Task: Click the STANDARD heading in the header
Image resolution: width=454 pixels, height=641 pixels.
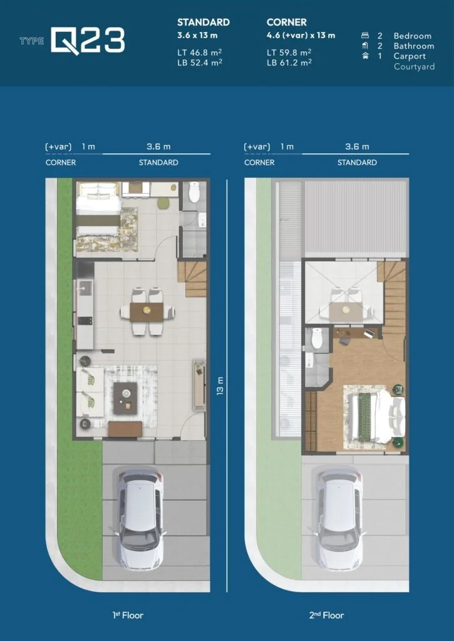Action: coord(203,22)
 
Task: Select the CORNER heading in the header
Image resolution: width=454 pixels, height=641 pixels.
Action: coord(286,22)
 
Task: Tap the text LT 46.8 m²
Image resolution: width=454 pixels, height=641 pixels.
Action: coord(200,52)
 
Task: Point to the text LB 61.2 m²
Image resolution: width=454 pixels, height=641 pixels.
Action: coord(290,62)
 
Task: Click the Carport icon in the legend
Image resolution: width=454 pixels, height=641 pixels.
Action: coord(365,56)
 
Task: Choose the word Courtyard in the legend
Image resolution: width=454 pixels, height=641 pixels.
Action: coord(414,66)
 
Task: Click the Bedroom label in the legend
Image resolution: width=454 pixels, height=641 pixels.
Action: coord(412,36)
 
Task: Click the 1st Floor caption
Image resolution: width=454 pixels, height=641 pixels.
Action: coord(123,615)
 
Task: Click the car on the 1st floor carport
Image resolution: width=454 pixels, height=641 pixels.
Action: coord(140,519)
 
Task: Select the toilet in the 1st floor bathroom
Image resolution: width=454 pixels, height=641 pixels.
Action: coord(194,191)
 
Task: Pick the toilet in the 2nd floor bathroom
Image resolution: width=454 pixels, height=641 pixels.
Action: coord(317,338)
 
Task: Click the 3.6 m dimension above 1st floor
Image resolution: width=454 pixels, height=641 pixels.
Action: coord(158,146)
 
